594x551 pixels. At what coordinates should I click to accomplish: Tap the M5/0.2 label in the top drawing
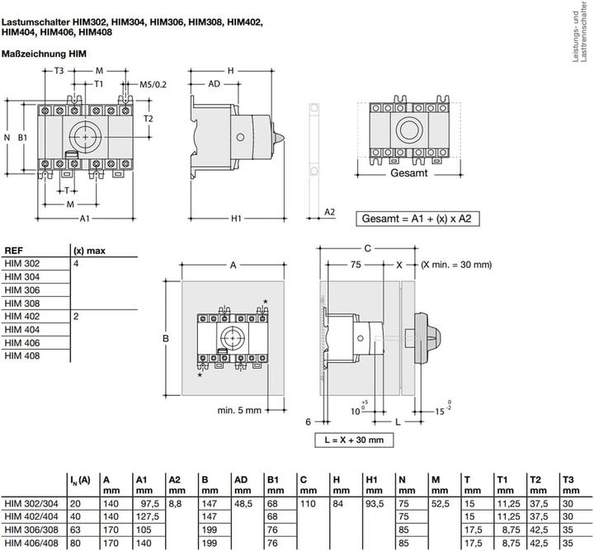(x=152, y=83)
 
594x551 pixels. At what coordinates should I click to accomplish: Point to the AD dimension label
(x=213, y=83)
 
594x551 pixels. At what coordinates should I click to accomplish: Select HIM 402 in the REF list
(x=22, y=316)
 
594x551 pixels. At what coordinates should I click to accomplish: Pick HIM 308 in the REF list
(x=22, y=303)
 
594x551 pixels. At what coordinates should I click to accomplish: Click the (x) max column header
(x=89, y=250)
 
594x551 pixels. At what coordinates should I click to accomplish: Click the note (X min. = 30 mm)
(x=455, y=265)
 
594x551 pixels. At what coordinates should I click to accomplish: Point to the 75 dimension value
(x=356, y=265)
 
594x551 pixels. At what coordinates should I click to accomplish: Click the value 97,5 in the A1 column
(x=148, y=504)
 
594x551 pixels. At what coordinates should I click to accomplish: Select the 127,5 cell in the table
(x=148, y=516)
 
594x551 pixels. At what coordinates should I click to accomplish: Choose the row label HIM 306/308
(x=30, y=530)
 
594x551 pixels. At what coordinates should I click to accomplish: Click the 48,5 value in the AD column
(x=242, y=504)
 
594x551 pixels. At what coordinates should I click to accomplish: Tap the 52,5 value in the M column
(x=443, y=504)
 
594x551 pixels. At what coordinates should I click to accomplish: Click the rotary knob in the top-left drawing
(x=85, y=134)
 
